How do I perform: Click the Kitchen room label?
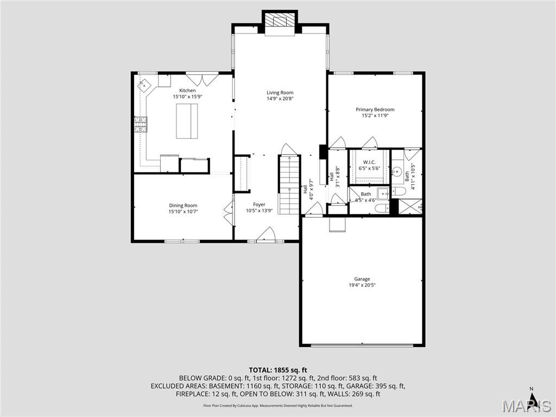click(187, 91)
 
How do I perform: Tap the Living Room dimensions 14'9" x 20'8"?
click(280, 99)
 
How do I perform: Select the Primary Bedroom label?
click(375, 110)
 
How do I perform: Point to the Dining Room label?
click(183, 205)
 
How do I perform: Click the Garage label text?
click(362, 279)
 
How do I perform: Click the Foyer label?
click(259, 205)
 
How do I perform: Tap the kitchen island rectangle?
click(187, 121)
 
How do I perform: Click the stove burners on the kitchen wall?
click(141, 125)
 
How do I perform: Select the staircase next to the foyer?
click(289, 185)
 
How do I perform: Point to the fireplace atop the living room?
click(280, 22)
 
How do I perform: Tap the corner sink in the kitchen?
click(144, 85)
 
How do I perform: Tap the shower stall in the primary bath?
click(411, 206)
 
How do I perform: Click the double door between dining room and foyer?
click(228, 212)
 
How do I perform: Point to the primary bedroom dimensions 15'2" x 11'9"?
click(375, 116)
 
